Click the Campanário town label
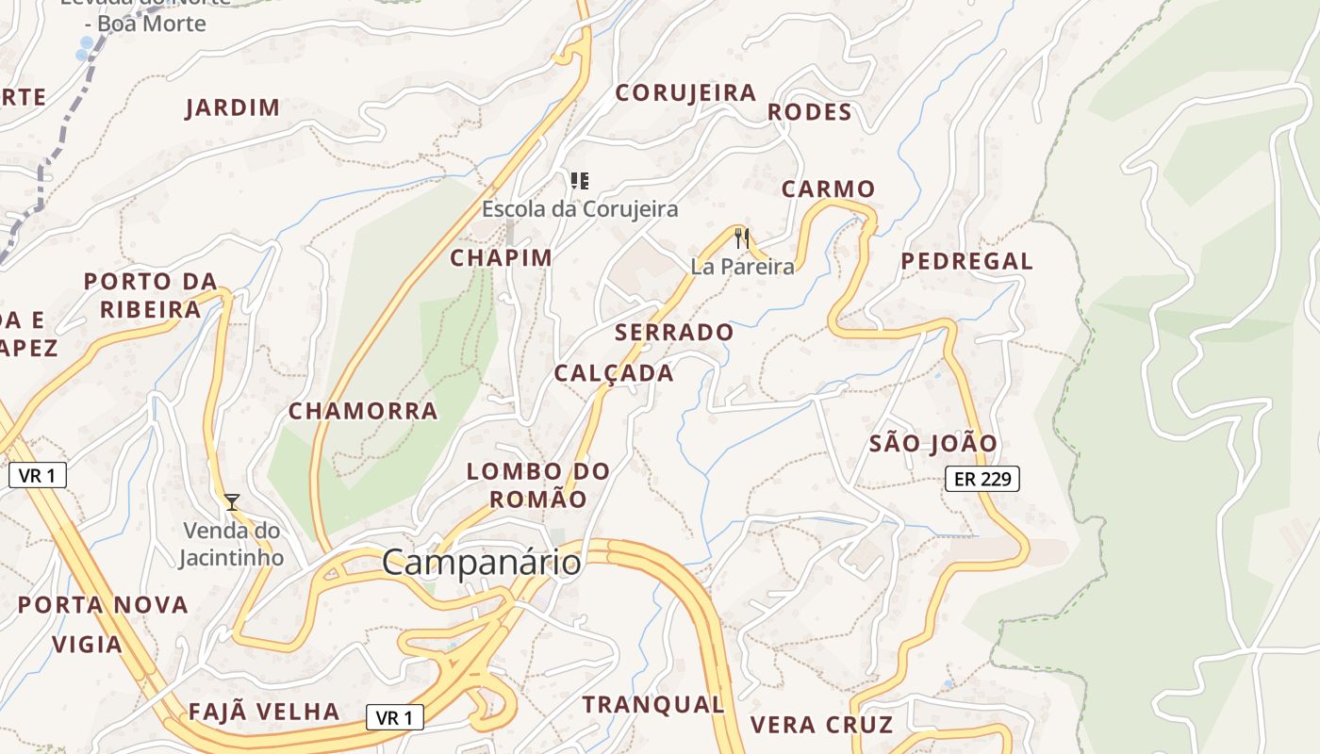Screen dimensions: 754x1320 pos(481,563)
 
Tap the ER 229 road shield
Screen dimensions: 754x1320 pos(982,479)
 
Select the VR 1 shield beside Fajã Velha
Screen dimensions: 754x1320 pos(394,718)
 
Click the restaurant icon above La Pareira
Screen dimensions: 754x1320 pos(742,238)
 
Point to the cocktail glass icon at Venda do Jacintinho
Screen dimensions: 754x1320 pos(232,502)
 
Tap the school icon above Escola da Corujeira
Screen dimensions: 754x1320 pos(580,180)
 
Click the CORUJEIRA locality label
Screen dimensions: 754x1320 pos(685,92)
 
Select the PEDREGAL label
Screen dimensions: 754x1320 pos(966,261)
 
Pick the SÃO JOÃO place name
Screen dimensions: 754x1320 pos(932,443)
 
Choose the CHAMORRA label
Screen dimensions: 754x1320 pos(363,411)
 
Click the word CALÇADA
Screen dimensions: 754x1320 pos(614,373)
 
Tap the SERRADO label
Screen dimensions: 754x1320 pos(673,333)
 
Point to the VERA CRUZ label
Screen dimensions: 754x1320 pos(821,725)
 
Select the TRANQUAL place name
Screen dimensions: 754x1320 pos(652,704)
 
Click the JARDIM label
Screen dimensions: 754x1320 pos(233,107)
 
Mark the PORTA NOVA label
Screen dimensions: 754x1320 pos(104,605)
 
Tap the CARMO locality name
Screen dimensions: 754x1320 pos(828,189)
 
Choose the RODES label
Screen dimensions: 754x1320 pos(809,112)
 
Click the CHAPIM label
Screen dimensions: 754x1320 pos(501,258)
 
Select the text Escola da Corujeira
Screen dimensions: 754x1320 pos(580,208)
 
